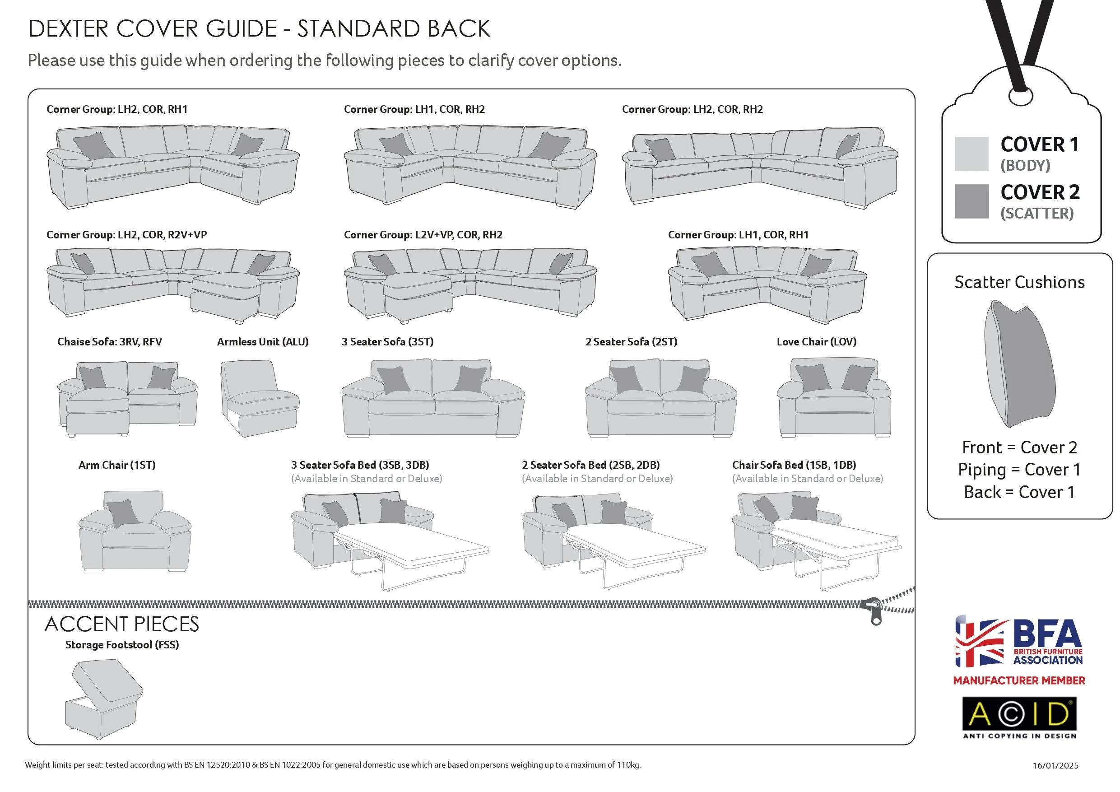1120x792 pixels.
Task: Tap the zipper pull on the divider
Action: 876,611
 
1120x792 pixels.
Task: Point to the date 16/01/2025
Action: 1055,765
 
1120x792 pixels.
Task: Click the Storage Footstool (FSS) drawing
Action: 104,699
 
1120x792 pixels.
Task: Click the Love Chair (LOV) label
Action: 816,342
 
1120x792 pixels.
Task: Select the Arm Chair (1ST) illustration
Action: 135,531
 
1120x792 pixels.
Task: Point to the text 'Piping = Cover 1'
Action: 1019,470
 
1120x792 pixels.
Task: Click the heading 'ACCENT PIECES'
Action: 122,624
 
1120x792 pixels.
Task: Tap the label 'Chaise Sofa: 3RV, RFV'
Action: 109,342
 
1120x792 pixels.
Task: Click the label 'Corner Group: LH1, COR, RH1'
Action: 738,235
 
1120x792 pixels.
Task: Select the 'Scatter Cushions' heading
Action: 1019,282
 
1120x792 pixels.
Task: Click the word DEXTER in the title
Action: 68,29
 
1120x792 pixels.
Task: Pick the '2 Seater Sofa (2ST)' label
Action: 631,342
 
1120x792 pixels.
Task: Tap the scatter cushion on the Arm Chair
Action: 122,513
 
